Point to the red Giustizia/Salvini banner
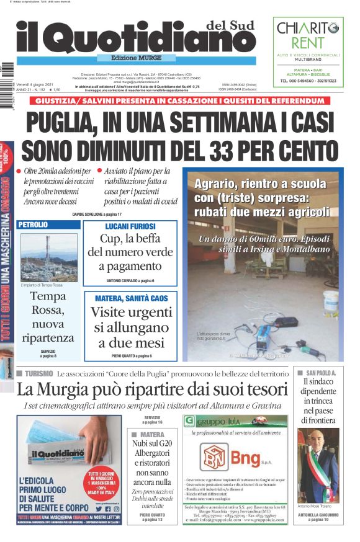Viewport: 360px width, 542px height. tap(179, 101)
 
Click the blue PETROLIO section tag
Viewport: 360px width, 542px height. tap(33, 224)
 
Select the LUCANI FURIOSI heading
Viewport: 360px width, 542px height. tap(130, 226)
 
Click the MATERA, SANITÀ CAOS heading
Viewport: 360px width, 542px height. tap(130, 298)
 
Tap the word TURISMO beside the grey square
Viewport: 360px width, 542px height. tap(39, 374)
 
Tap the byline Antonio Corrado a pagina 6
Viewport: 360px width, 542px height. tap(130, 280)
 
